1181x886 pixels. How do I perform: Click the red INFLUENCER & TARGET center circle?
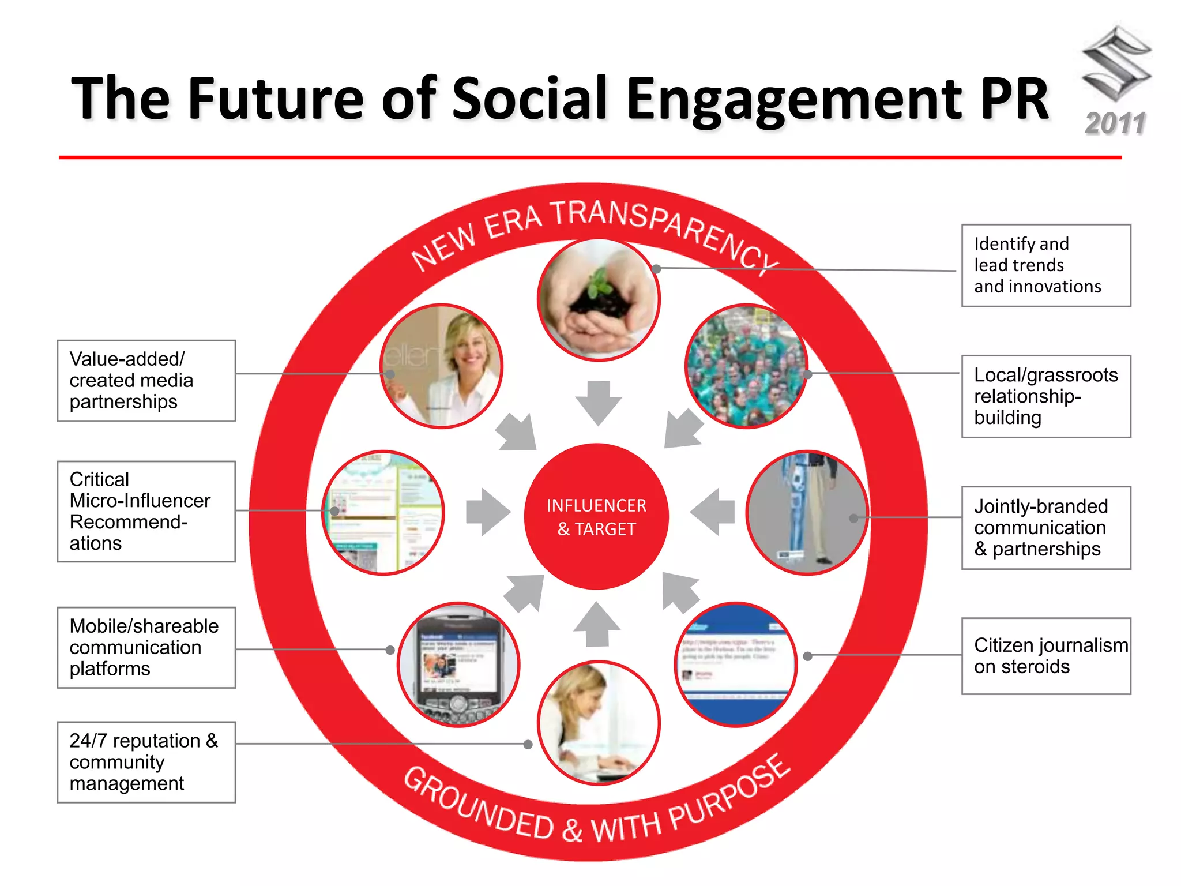(x=596, y=516)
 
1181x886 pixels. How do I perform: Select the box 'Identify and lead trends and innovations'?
(x=1045, y=265)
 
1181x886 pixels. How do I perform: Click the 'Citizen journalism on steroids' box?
(x=1045, y=656)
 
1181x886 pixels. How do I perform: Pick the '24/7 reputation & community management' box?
(x=146, y=762)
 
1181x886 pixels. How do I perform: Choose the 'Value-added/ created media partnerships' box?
(x=146, y=380)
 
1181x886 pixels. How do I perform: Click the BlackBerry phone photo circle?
(x=458, y=664)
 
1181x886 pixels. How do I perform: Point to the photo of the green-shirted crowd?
(x=746, y=366)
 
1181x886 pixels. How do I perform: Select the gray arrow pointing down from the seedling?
(x=599, y=402)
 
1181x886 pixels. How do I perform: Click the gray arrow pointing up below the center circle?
(x=597, y=625)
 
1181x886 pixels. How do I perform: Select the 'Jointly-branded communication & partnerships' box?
(x=1045, y=527)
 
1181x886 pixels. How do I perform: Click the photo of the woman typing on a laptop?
(x=598, y=723)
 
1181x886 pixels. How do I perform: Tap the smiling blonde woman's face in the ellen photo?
(x=470, y=346)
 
